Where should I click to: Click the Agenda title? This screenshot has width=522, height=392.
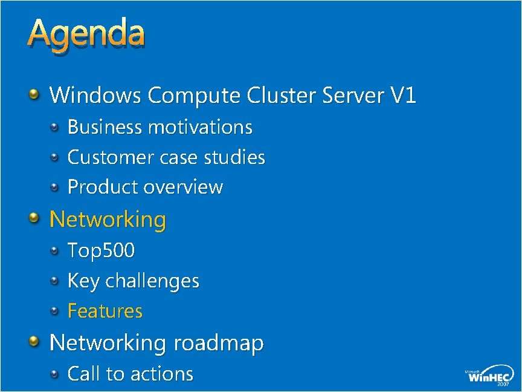(x=86, y=35)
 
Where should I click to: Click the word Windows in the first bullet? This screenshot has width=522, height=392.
(x=95, y=95)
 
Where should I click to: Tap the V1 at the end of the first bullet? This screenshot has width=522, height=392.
(x=403, y=95)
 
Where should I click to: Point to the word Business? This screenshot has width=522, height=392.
(x=105, y=127)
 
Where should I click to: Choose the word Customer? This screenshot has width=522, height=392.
(x=109, y=157)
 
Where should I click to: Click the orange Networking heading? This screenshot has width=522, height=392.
(x=108, y=219)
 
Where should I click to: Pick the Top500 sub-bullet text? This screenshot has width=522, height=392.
(x=101, y=250)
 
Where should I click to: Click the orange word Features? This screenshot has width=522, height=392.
(x=105, y=311)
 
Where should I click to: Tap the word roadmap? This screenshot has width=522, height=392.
(x=219, y=343)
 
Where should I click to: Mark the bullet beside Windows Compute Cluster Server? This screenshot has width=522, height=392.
(x=34, y=94)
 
